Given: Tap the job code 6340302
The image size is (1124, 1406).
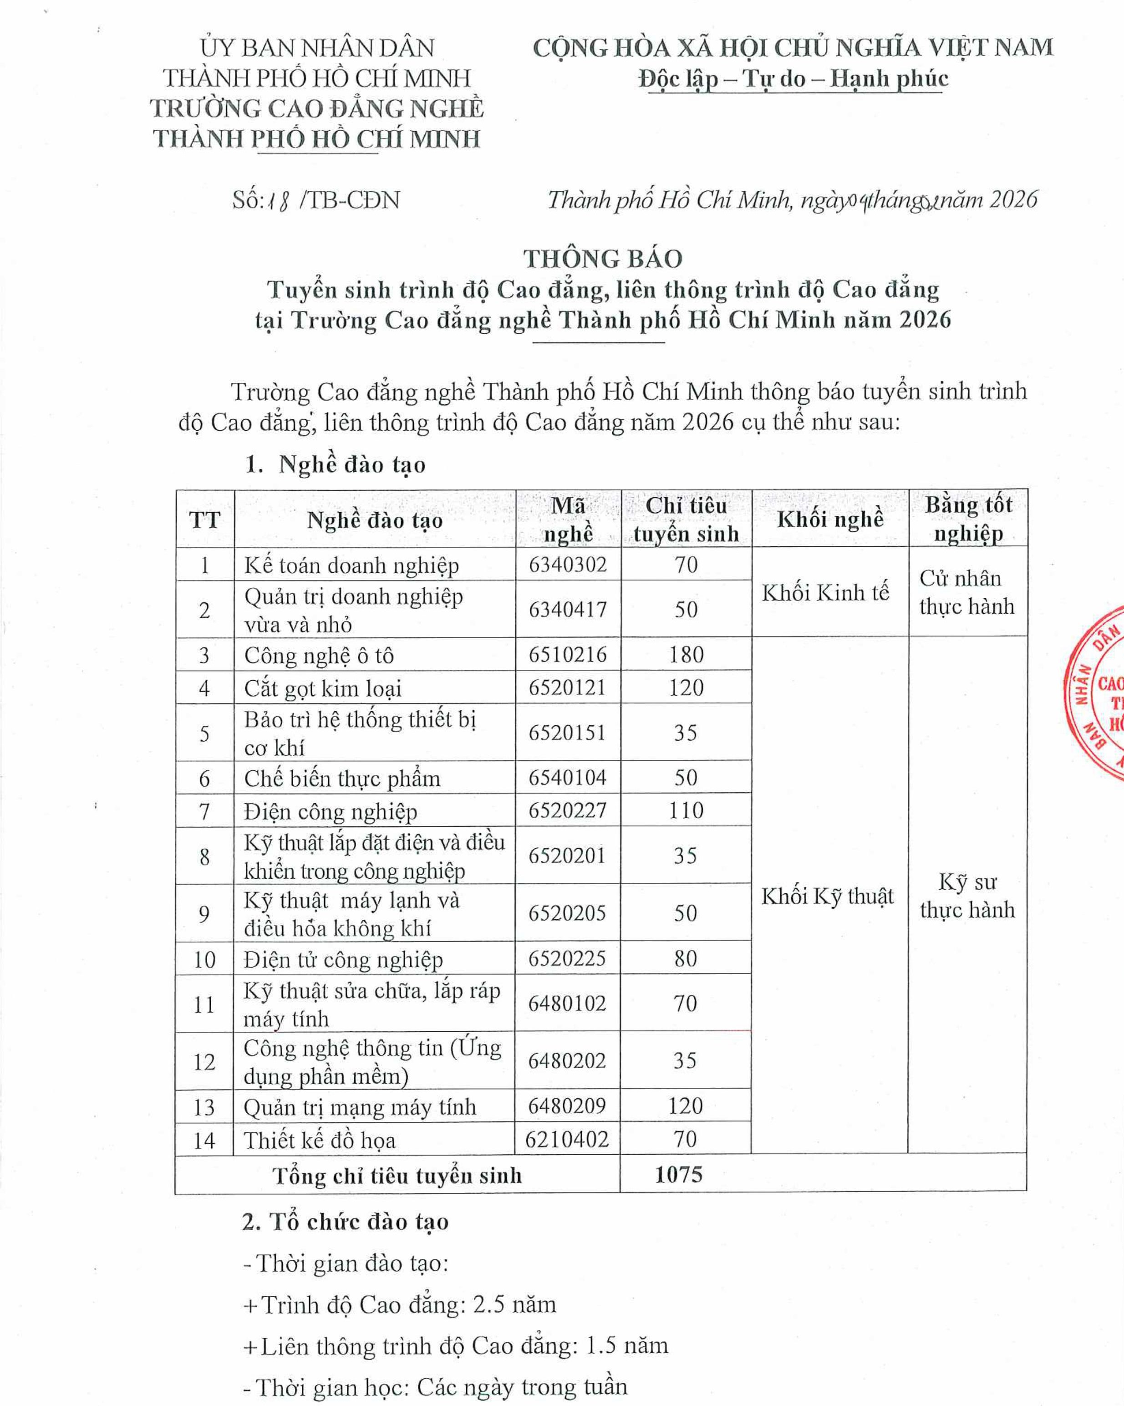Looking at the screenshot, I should pos(568,564).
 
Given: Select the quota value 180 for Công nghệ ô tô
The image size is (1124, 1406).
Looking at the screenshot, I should pos(686,654).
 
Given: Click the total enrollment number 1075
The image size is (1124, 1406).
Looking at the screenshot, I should pos(679,1175).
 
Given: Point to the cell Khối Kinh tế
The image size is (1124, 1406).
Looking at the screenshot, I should pos(825,592).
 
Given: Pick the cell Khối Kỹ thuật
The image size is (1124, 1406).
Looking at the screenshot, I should pos(827,897).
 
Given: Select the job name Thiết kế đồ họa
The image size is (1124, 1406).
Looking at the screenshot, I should pos(320,1141).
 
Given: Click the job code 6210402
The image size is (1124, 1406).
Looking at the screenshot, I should pos(567,1139).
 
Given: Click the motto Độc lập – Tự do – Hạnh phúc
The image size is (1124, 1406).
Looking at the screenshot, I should pos(793,79).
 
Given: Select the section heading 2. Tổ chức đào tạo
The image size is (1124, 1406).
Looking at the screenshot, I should pos(346,1222).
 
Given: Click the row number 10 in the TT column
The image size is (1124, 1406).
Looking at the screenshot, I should pos(204,959).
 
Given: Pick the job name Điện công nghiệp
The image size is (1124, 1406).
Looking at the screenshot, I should pos(331,811).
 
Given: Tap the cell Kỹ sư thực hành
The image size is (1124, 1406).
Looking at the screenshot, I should pos(967,896).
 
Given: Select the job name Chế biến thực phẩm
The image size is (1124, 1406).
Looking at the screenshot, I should pos(341,778).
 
